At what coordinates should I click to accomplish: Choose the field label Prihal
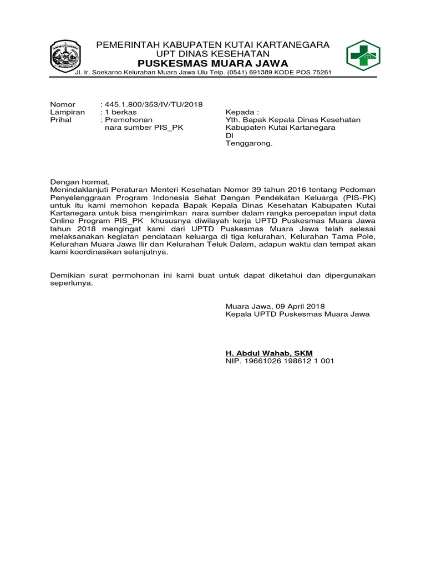(x=61, y=120)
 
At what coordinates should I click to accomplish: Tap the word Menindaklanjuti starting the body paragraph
(x=80, y=190)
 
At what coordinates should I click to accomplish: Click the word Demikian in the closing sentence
(x=68, y=275)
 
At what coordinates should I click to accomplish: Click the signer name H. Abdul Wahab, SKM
(x=269, y=353)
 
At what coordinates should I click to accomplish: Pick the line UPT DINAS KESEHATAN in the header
(x=213, y=53)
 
